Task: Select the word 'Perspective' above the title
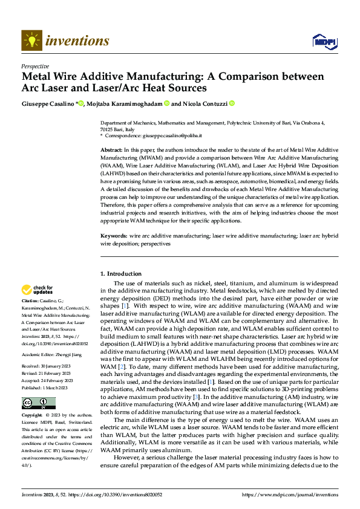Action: (x=35, y=66)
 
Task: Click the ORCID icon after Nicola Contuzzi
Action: (x=231, y=103)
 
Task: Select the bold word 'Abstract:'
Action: (x=111, y=149)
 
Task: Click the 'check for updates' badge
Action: (x=38, y=290)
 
